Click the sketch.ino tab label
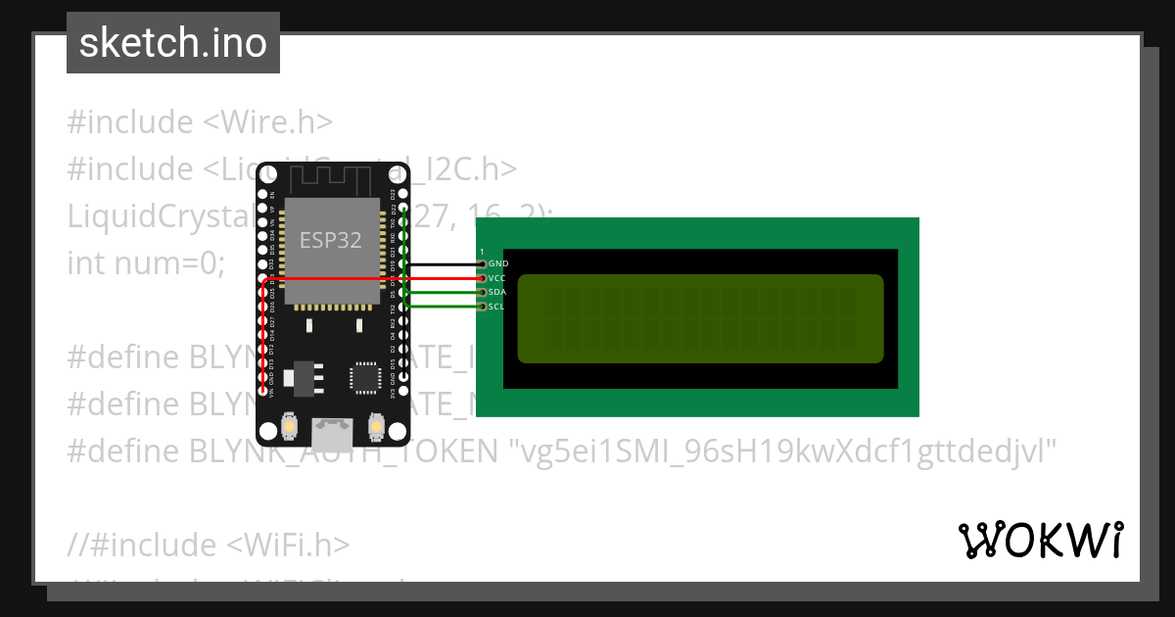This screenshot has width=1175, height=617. coord(172,43)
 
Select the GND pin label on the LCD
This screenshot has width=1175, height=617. coord(498,264)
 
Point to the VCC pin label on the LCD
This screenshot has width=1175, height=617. coord(497,278)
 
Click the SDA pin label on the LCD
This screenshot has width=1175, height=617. coord(497,293)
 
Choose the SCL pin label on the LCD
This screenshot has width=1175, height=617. coord(496,307)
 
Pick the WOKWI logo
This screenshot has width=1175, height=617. coord(1041,541)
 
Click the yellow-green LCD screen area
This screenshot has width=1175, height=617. coord(700,318)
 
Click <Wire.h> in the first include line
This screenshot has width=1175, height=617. coord(267,122)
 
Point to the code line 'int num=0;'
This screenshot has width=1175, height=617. coord(147,263)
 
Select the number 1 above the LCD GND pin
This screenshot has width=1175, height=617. coord(482,253)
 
